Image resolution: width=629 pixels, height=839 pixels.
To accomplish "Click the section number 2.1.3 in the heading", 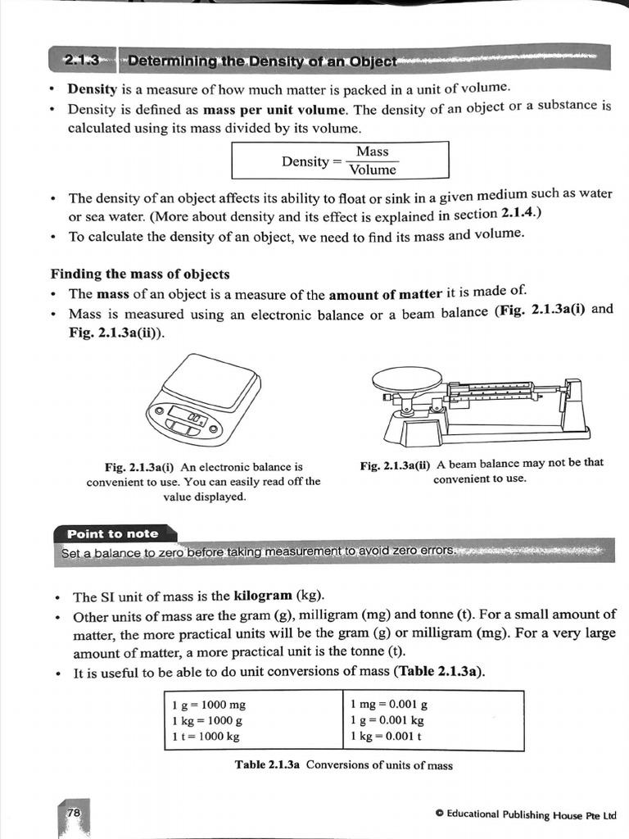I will coord(82,60).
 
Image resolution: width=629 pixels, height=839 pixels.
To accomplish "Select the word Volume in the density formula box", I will coord(373,170).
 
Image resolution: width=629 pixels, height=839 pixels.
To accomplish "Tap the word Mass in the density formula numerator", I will coord(373,152).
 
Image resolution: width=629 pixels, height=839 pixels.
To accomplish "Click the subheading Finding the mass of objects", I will coord(140,274).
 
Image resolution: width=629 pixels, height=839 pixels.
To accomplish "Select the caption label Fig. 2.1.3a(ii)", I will coord(395,463).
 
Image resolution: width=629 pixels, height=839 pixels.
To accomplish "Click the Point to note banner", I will coord(113,533).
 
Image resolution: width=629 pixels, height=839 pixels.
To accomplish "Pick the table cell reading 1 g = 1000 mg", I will coord(209,705).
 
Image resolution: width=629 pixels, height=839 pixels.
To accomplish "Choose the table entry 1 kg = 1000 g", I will coord(207,720).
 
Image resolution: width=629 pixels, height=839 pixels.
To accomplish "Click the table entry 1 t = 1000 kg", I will coord(206,736).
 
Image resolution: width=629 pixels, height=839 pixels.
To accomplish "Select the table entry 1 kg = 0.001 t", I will coord(386,736).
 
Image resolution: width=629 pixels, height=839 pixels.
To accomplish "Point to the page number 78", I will coord(74,812).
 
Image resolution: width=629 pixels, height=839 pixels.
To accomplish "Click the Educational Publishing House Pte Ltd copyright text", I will coord(526,814).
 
